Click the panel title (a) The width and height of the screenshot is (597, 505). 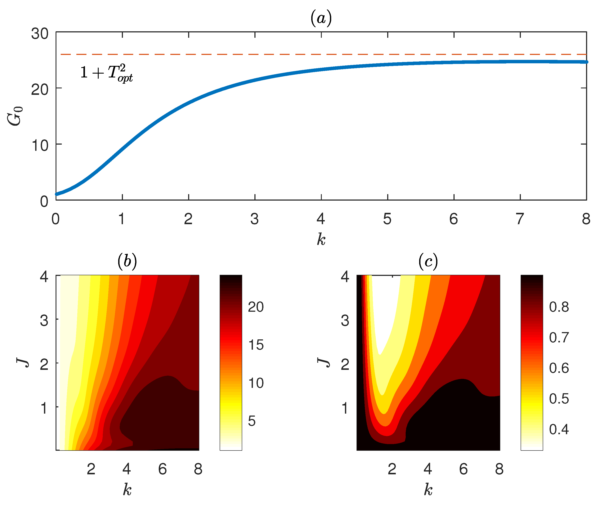tap(321, 18)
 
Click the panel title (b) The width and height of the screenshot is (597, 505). tap(127, 261)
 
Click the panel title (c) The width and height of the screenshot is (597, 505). tap(428, 261)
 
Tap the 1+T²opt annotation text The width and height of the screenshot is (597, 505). tap(106, 73)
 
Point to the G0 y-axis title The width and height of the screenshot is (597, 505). tap(15, 116)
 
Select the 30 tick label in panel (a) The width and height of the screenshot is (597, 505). tap(40, 34)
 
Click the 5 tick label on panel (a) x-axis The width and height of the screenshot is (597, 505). tap(387, 219)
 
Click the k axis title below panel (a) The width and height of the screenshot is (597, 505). tap(321, 239)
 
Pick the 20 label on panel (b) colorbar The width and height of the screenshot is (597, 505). tap(255, 307)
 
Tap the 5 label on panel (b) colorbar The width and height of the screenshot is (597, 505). tap(252, 421)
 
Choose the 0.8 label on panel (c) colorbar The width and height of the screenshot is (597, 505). tap(559, 307)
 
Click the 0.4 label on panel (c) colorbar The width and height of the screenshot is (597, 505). tap(559, 429)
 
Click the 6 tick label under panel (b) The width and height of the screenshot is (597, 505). tap(162, 469)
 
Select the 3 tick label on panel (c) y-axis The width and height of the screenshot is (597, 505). tap(345, 321)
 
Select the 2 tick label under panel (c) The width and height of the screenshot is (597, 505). tap(392, 469)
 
